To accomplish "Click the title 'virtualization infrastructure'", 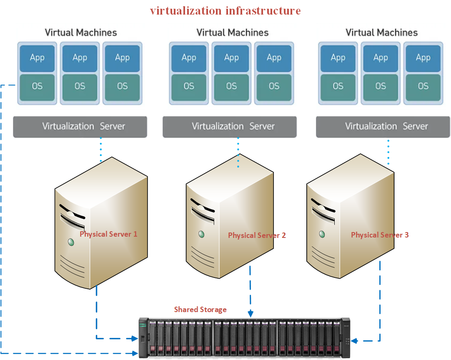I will tap(225, 10).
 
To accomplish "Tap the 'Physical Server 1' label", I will tap(108, 234).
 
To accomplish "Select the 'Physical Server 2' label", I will tap(257, 235).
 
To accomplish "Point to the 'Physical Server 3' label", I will tap(380, 235).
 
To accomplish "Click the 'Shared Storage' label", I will tap(200, 310).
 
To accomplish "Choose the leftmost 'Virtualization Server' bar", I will tap(80, 127).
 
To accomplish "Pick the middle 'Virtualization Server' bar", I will tap(229, 127).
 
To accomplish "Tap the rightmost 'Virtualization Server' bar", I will tap(383, 127).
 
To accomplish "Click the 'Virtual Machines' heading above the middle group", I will tap(232, 32).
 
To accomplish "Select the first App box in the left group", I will tap(37, 58).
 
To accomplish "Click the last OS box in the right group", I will tap(423, 86).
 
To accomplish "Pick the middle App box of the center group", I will tap(231, 58).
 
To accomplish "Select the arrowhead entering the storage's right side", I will tap(354, 341).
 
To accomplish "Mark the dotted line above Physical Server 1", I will tap(101, 149).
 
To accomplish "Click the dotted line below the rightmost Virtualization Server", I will tap(388, 152).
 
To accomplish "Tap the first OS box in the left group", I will tap(37, 86).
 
